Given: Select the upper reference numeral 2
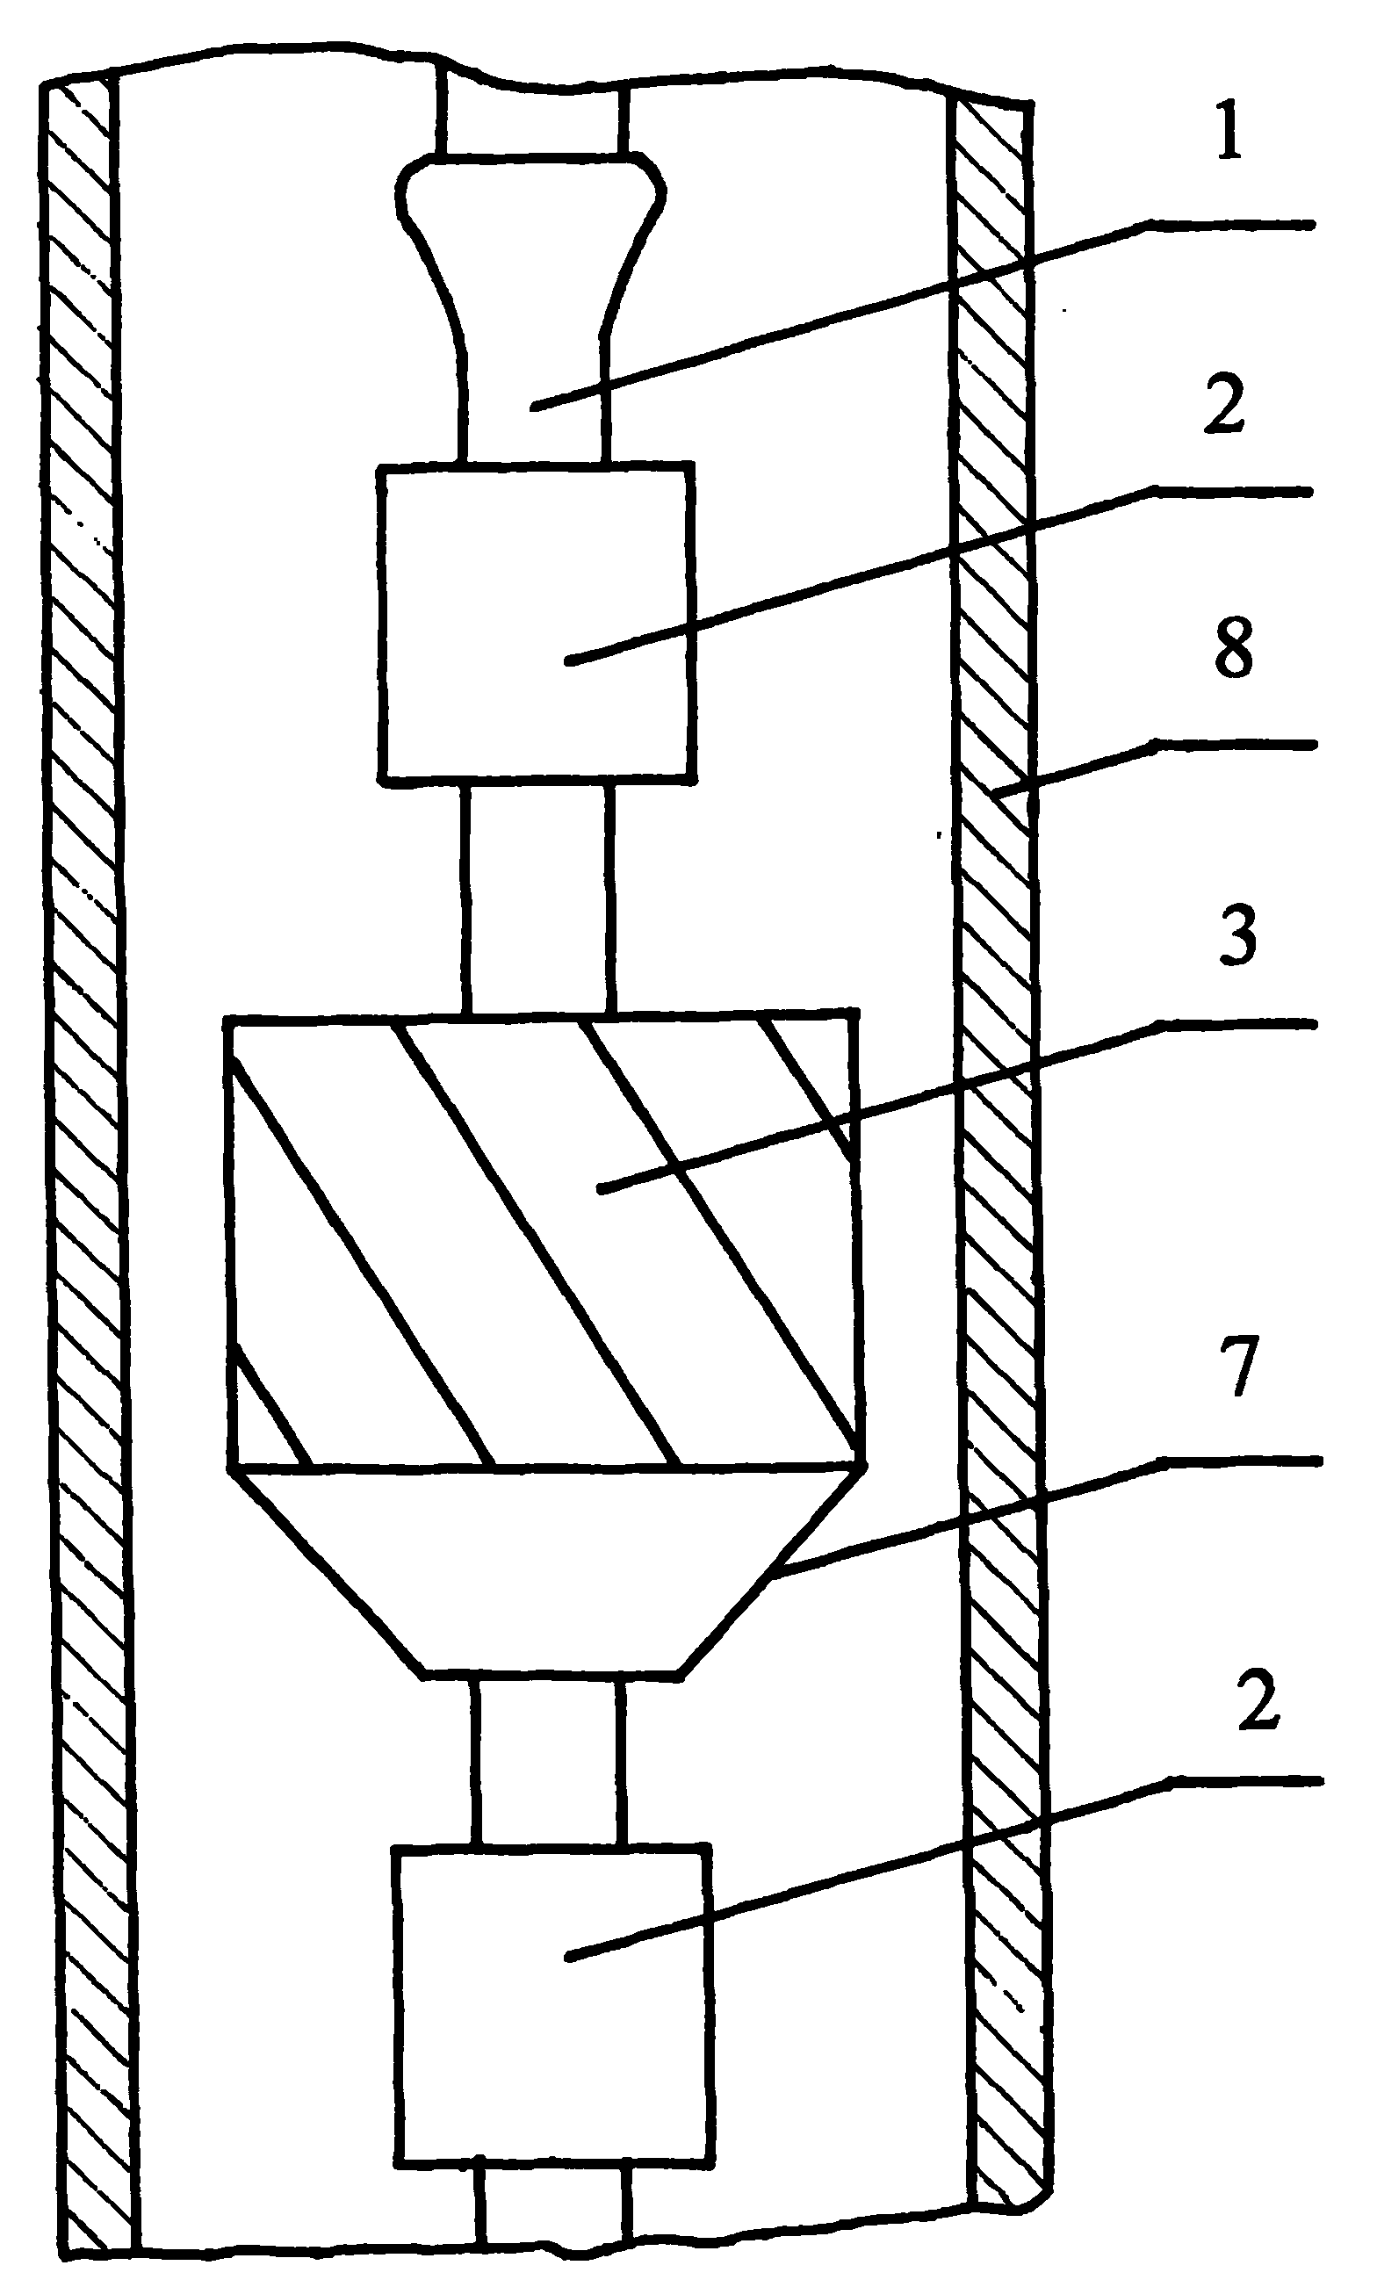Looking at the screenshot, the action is pos(1227,406).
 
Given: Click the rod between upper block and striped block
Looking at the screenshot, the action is pos(537,898).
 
